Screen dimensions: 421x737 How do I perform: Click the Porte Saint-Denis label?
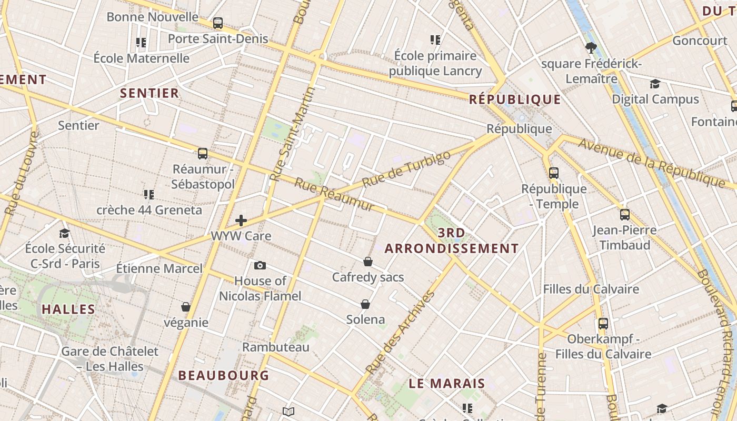(x=217, y=39)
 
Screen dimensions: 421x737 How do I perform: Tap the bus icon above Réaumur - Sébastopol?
(x=203, y=154)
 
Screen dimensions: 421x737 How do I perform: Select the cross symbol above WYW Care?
(x=241, y=220)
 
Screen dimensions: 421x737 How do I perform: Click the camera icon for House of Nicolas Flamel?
(x=260, y=265)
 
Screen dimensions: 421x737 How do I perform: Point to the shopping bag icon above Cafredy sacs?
(x=368, y=262)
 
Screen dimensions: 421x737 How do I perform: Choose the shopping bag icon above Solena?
(x=365, y=304)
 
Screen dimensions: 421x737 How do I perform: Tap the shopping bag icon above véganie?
(x=186, y=307)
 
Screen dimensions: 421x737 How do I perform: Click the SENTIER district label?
(x=150, y=94)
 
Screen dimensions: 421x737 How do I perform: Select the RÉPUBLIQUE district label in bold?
(x=515, y=99)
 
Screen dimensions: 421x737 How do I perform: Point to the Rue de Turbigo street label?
(x=407, y=169)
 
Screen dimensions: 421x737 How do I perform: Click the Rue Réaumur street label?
(x=334, y=195)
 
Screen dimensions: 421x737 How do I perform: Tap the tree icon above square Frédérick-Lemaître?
(x=591, y=48)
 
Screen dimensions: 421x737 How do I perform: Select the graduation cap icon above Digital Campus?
(x=655, y=84)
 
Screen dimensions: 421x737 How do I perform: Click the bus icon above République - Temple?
(x=554, y=173)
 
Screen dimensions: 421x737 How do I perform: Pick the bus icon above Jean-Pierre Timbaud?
(x=625, y=215)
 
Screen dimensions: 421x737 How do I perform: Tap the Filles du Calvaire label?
(x=591, y=289)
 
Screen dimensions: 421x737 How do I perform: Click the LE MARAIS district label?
(x=447, y=384)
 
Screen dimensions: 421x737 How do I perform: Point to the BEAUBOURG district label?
(x=224, y=376)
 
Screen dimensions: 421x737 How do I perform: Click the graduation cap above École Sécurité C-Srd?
(x=65, y=233)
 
